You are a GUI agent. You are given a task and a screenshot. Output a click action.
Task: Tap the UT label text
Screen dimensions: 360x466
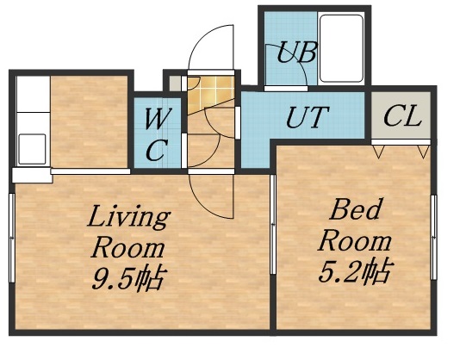(306, 116)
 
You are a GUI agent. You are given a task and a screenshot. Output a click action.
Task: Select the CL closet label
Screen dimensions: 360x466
(402, 116)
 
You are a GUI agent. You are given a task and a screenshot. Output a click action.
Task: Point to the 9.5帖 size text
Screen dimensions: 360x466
(129, 278)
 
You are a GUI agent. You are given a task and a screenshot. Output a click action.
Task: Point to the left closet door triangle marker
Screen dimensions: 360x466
(379, 151)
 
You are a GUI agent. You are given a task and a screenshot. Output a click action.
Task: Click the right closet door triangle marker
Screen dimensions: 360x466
(422, 151)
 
